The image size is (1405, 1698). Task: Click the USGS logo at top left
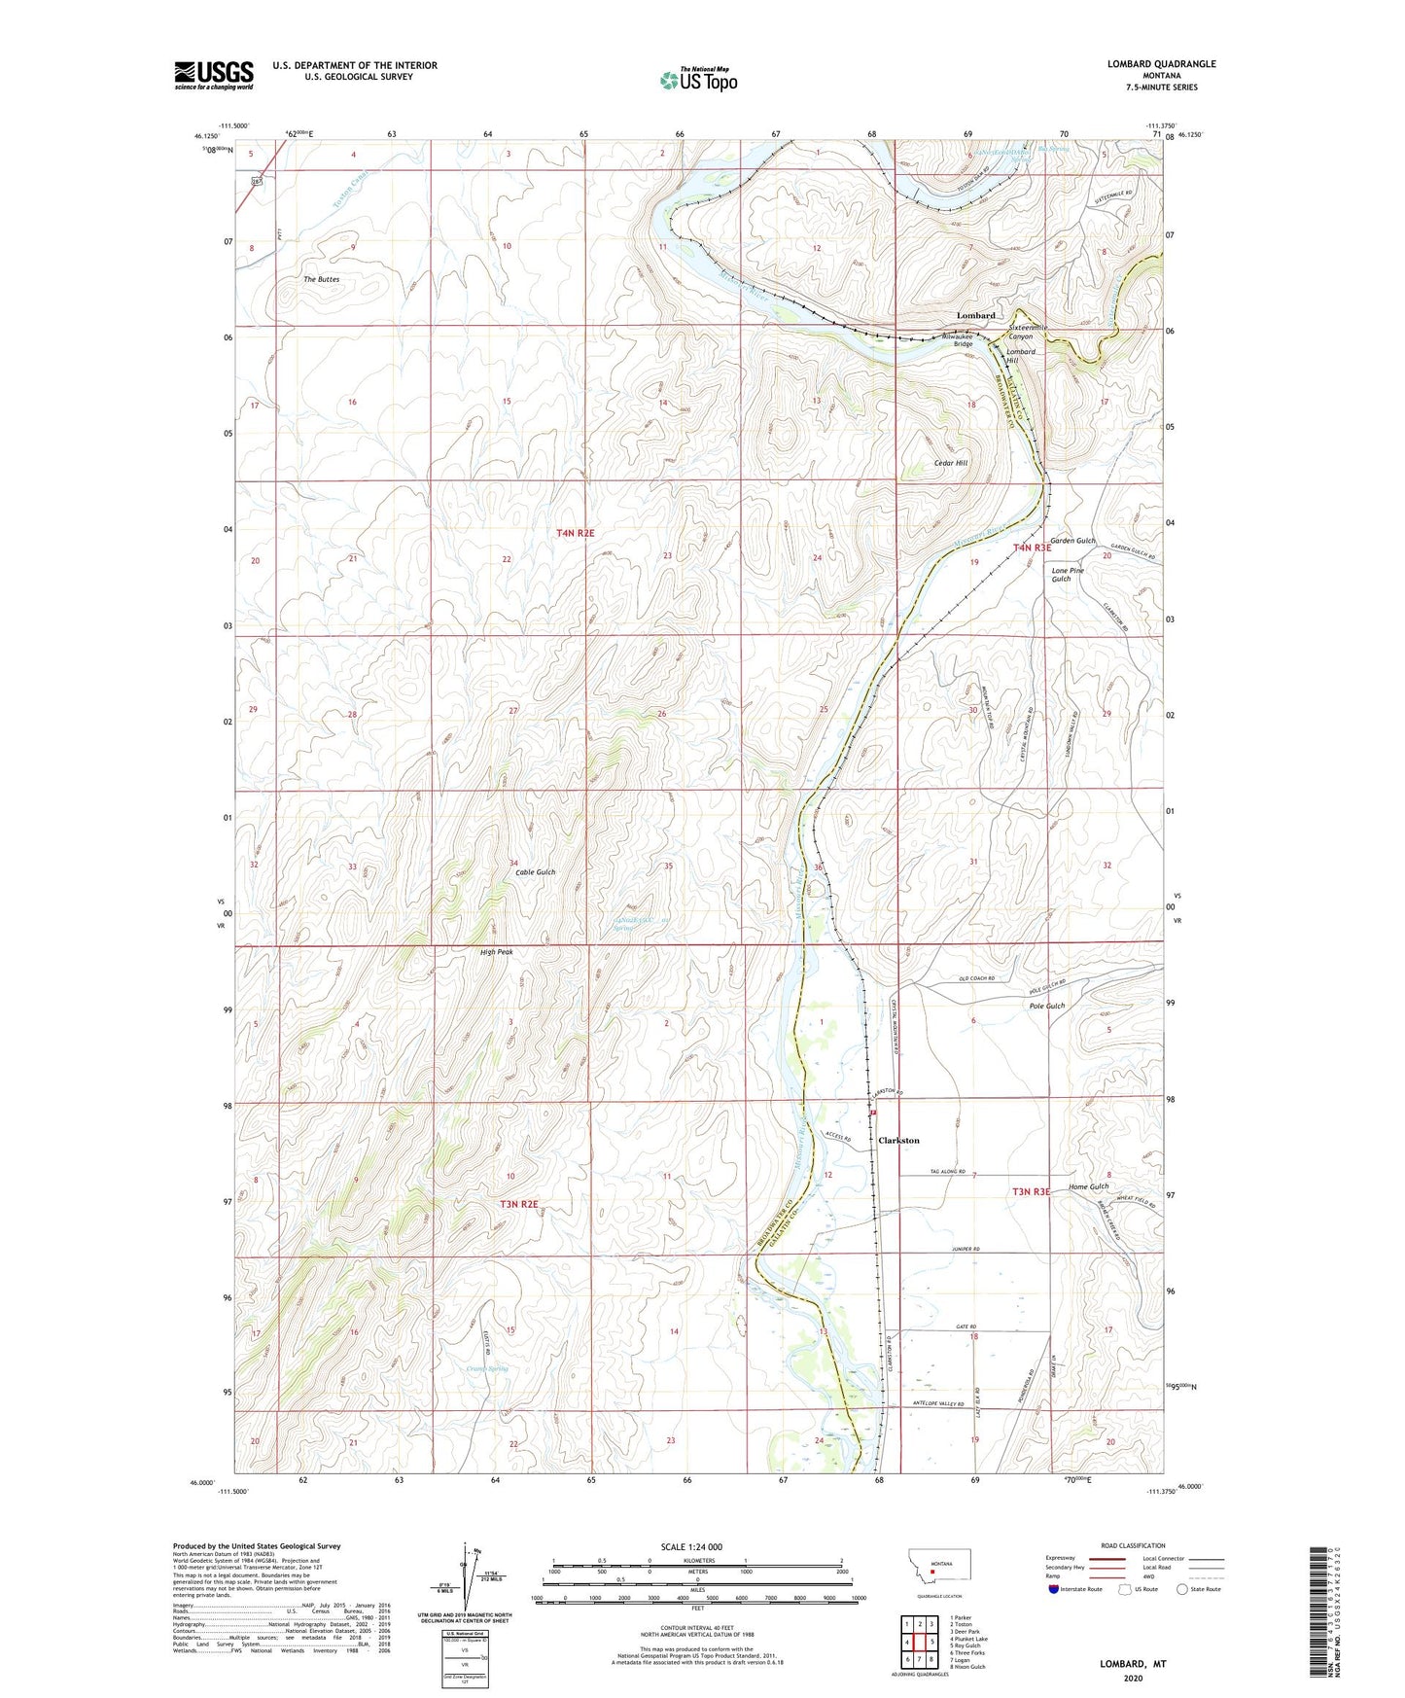coord(214,75)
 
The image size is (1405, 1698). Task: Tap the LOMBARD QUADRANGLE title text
coord(1161,64)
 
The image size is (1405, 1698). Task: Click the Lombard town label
coord(975,316)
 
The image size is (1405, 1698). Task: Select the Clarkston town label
coord(898,1140)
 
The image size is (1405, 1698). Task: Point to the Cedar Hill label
coord(950,463)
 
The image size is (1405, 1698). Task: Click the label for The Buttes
coord(322,279)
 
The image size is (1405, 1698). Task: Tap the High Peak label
coord(496,952)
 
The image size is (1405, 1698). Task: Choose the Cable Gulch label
coord(536,872)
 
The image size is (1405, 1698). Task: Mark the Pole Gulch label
coord(1047,1007)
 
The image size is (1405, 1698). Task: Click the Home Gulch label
coord(1088,1186)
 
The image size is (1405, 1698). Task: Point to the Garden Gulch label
coord(1072,541)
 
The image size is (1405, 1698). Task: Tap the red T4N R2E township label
coord(575,533)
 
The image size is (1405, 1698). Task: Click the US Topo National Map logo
coord(697,79)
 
